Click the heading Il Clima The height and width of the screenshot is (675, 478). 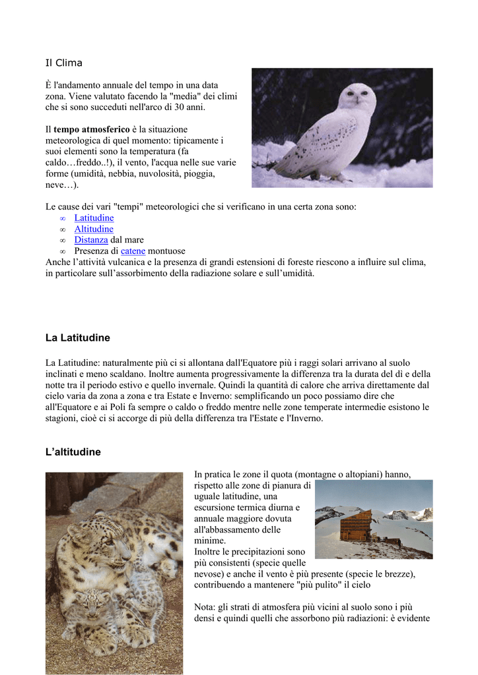(63, 63)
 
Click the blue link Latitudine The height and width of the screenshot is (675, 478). (94, 218)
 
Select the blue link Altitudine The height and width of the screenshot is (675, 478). (94, 229)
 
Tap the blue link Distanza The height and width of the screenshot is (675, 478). (90, 240)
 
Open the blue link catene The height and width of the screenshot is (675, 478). (133, 251)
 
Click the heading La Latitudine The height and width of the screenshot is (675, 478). (77, 338)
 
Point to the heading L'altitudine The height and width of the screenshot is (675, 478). (73, 452)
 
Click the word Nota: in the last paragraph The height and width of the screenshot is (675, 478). (207, 607)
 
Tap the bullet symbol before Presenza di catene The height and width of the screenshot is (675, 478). (62, 252)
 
